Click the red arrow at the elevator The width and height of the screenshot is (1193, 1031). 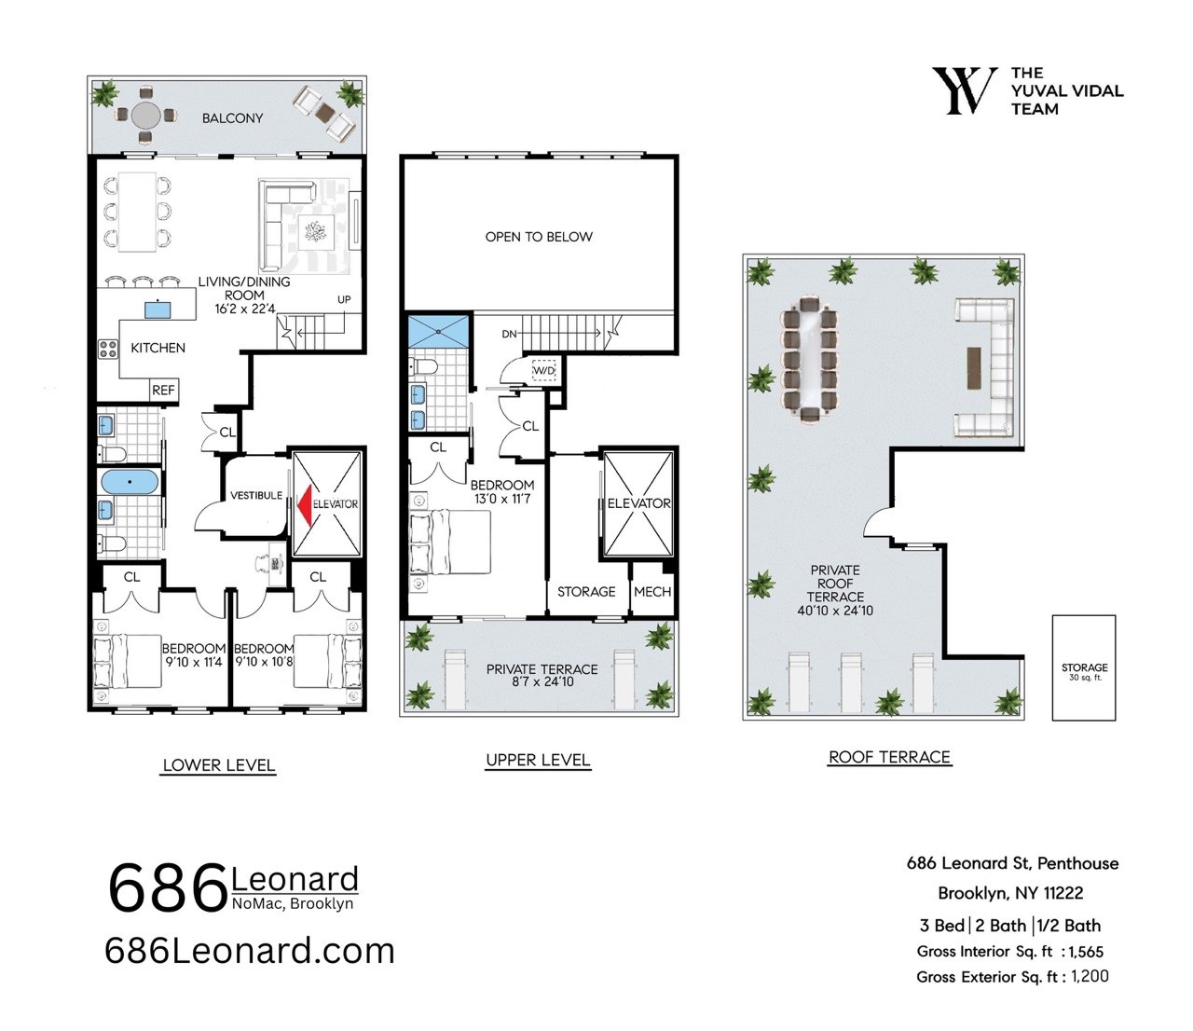(x=304, y=505)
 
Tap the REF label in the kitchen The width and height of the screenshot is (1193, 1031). (x=163, y=391)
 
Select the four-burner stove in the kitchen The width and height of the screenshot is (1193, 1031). (x=108, y=350)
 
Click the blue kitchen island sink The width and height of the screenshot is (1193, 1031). (x=158, y=310)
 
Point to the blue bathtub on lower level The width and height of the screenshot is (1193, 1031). (x=130, y=481)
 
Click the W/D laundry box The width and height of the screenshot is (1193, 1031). (x=543, y=371)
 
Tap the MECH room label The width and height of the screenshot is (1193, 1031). (x=652, y=592)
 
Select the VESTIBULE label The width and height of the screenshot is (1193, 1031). (x=256, y=495)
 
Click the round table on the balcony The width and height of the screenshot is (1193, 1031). (x=146, y=116)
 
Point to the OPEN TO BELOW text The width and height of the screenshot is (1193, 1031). (x=539, y=237)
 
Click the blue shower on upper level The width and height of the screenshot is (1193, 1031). (x=439, y=331)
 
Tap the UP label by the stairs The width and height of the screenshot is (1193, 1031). (x=344, y=299)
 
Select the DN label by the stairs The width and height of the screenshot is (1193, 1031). (x=509, y=334)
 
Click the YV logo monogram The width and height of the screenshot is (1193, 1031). (x=965, y=91)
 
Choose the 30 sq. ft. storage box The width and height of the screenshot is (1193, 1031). (x=1084, y=667)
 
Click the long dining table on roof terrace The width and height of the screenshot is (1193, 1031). (x=809, y=360)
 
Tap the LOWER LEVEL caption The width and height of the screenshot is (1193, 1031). (x=219, y=765)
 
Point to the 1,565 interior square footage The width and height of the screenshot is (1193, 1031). (x=1086, y=952)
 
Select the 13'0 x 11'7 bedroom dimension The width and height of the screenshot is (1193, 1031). (x=502, y=499)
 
